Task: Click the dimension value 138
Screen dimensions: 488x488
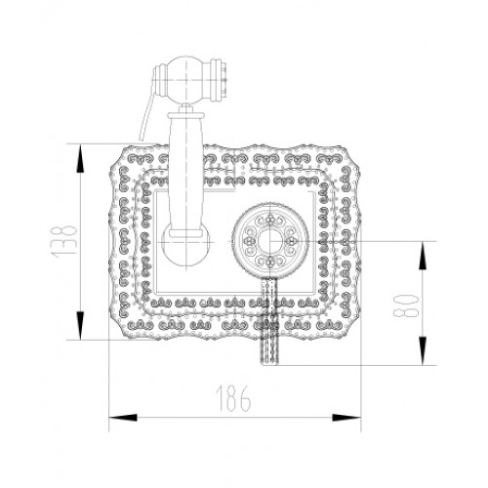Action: (x=64, y=241)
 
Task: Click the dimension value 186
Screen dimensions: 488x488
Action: (x=233, y=398)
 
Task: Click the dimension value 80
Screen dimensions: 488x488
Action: (x=405, y=305)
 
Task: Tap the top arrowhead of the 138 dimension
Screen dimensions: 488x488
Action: (x=80, y=158)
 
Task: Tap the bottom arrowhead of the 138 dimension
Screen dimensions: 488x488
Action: (x=80, y=326)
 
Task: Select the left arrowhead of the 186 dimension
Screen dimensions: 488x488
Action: (x=123, y=418)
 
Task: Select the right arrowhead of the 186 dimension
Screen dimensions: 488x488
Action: (x=346, y=418)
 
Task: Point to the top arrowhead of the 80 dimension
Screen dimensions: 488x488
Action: (x=423, y=256)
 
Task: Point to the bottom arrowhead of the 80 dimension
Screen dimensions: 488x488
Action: (x=423, y=350)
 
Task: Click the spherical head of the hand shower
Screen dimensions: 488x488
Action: (x=186, y=80)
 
